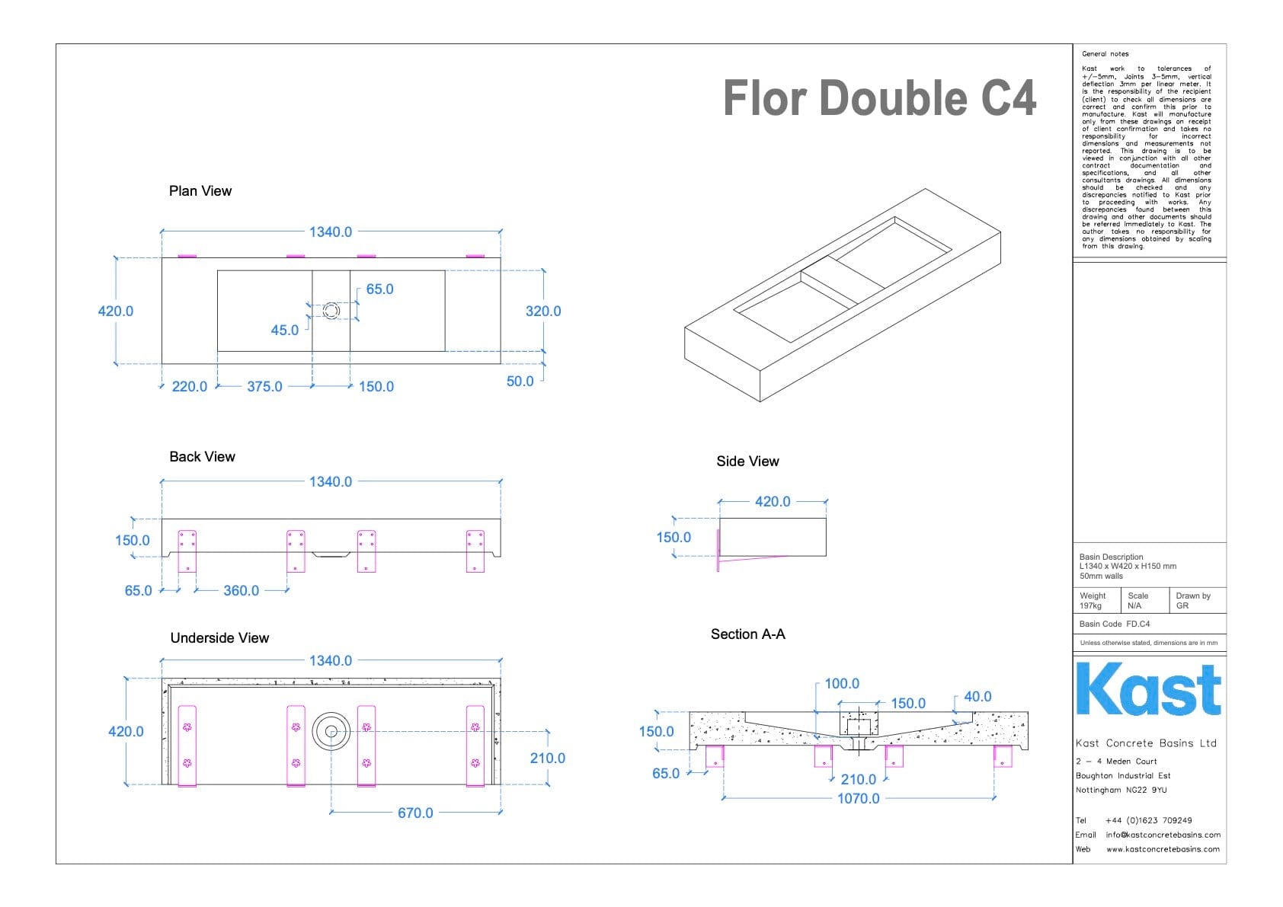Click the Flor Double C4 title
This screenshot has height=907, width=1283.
[x=879, y=98]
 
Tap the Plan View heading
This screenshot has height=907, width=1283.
[x=200, y=191]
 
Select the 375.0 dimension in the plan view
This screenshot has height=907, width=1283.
[x=264, y=386]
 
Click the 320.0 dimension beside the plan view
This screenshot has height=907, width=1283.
[x=543, y=311]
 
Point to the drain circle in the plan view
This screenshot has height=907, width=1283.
[x=331, y=311]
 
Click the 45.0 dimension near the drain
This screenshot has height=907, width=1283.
[x=285, y=330]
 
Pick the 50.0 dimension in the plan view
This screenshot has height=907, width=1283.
[x=520, y=381]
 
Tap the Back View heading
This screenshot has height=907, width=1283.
[x=202, y=457]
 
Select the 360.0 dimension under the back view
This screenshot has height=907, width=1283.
[x=241, y=590]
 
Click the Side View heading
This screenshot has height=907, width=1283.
[x=747, y=461]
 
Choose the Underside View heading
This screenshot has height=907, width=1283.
[x=219, y=638]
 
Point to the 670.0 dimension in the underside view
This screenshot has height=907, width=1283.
[x=415, y=813]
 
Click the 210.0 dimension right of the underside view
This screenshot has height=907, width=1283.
[x=548, y=758]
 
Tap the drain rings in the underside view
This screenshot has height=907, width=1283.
[x=331, y=731]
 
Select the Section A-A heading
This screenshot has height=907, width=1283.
[x=747, y=634]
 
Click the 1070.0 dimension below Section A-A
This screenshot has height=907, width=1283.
[x=859, y=798]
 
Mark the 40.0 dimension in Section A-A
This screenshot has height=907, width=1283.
[x=977, y=697]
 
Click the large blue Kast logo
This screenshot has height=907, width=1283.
[x=1148, y=690]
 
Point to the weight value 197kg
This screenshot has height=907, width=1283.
[x=1090, y=606]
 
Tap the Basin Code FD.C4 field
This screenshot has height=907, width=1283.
[x=1115, y=624]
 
